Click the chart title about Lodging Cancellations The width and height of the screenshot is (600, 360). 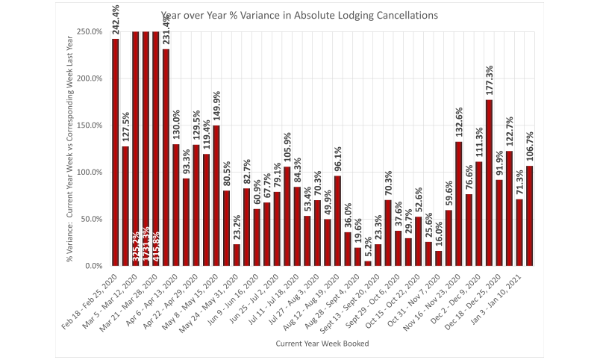click(x=299, y=15)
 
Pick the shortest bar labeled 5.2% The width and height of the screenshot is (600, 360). click(x=368, y=263)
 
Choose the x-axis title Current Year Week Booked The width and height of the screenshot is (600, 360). click(x=323, y=343)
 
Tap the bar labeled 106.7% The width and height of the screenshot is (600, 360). click(x=529, y=216)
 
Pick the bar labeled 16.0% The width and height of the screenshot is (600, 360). click(x=439, y=258)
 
